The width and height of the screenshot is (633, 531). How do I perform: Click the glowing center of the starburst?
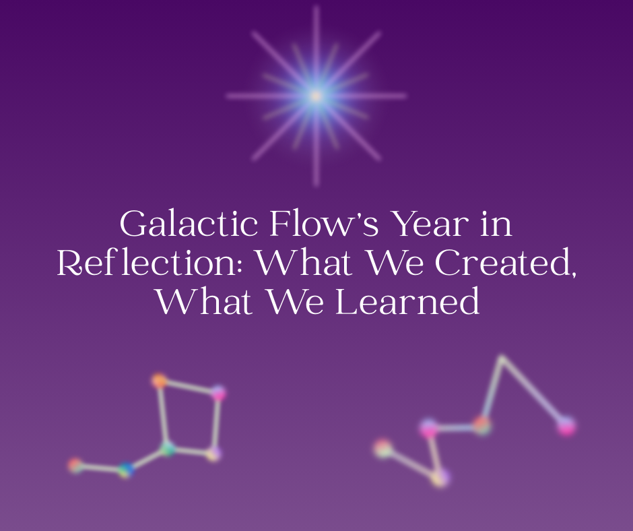(x=316, y=96)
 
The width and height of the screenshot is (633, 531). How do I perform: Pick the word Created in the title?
(x=505, y=264)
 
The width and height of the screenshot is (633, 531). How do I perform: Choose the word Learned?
(x=408, y=303)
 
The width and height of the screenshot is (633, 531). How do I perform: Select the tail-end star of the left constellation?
(x=75, y=465)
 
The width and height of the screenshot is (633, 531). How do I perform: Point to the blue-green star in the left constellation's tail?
(x=125, y=470)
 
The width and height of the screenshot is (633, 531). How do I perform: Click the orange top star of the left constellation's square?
(x=160, y=381)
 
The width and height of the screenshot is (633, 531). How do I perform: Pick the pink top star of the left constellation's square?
(x=218, y=393)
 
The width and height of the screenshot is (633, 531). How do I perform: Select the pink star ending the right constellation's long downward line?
(x=566, y=426)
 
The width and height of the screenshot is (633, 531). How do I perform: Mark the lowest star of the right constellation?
(x=439, y=478)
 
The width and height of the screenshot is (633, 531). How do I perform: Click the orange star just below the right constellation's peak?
(x=481, y=425)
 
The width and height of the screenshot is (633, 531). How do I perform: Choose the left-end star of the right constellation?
(x=383, y=448)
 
